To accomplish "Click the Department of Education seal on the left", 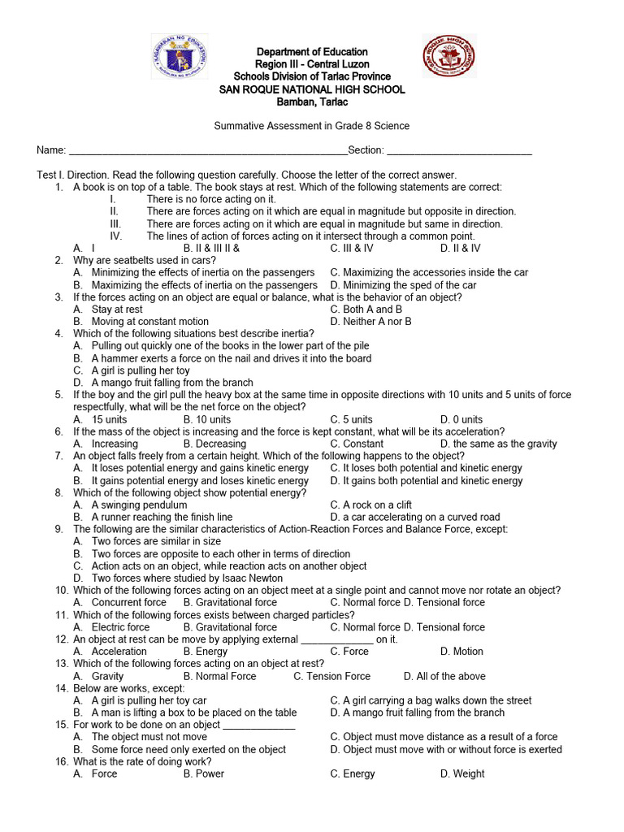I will pos(180,57).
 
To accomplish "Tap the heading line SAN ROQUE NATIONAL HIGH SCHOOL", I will pos(312,89).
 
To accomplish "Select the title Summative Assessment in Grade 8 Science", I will pos(311,126).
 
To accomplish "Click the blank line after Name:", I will pos(208,151).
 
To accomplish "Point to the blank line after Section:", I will pos(459,151).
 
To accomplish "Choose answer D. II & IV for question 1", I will pos(460,249).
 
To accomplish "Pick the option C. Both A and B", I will pos(366,310).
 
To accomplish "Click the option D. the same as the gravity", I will pos(498,444).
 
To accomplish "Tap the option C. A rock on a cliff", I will pos(370,505).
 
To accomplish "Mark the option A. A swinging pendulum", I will pos(130,505).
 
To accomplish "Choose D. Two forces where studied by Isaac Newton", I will pos(167,578).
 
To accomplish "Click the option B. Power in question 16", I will pos(204,773).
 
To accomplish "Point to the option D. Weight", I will pos(462,773).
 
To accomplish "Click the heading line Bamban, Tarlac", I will pos(312,102).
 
